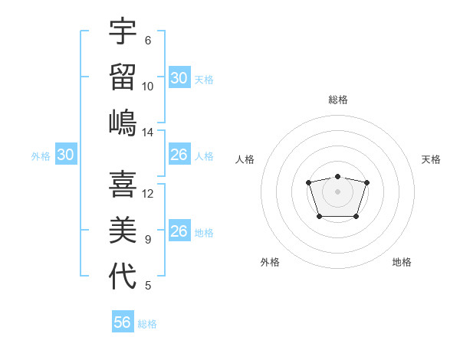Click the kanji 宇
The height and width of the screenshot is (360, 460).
point(123,32)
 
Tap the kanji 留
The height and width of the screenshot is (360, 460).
point(123,77)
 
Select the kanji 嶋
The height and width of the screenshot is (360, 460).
point(123,123)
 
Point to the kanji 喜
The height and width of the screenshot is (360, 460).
point(123,185)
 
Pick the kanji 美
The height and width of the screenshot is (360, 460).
point(123,230)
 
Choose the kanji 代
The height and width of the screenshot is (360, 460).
point(123,276)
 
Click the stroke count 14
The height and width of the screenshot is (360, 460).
point(148,133)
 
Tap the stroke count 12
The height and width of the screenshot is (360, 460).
point(148,194)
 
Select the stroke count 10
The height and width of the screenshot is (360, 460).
point(148,86)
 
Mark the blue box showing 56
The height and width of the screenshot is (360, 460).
point(122,322)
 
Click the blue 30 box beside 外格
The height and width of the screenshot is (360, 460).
point(65,155)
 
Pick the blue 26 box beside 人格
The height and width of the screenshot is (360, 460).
point(179,155)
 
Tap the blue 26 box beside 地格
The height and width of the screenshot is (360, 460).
point(179,231)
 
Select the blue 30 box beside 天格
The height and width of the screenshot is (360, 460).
point(179,78)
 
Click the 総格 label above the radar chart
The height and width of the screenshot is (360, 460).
point(337,100)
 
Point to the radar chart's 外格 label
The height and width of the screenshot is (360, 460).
point(270,262)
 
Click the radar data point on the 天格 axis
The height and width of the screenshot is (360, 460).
point(366,182)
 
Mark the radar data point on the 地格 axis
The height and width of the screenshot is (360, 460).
point(356,217)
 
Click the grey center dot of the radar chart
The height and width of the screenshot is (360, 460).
point(337,191)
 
